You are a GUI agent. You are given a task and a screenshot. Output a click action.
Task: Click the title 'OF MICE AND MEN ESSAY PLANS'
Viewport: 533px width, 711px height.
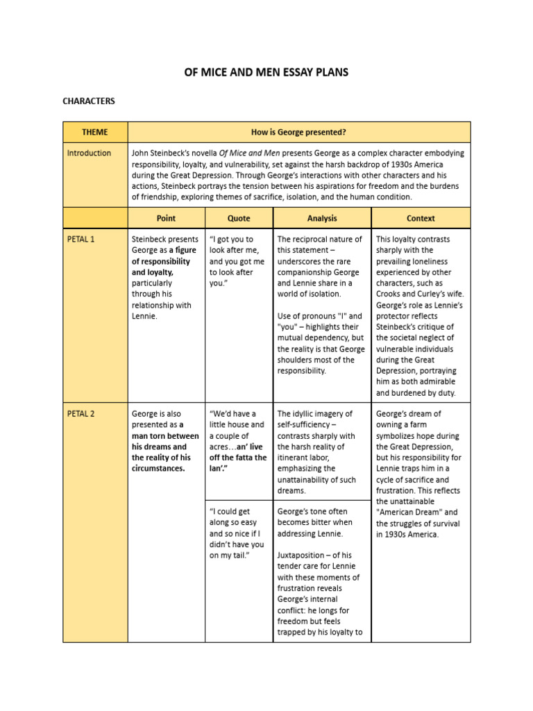[266, 72]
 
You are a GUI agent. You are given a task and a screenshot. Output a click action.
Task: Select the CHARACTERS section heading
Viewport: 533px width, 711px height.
[89, 101]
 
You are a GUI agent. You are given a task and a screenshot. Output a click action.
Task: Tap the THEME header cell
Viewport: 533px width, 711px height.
[95, 132]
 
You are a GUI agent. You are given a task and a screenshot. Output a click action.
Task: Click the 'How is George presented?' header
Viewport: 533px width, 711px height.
[299, 132]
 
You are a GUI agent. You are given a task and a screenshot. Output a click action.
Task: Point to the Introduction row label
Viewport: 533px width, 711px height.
[89, 153]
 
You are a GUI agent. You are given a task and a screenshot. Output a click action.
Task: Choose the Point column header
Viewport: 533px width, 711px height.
[166, 218]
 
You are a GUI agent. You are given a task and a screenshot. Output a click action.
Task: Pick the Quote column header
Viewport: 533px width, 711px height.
[239, 218]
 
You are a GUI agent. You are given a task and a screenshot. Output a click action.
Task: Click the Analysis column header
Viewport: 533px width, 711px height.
[322, 218]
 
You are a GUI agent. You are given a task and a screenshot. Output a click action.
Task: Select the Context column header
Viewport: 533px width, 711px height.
[421, 218]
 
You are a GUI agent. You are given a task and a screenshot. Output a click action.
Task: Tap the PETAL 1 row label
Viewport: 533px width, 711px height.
[81, 240]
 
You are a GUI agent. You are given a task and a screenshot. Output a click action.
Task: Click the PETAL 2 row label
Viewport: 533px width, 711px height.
[81, 414]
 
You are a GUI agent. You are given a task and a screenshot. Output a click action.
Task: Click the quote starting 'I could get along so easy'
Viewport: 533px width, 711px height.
[237, 533]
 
